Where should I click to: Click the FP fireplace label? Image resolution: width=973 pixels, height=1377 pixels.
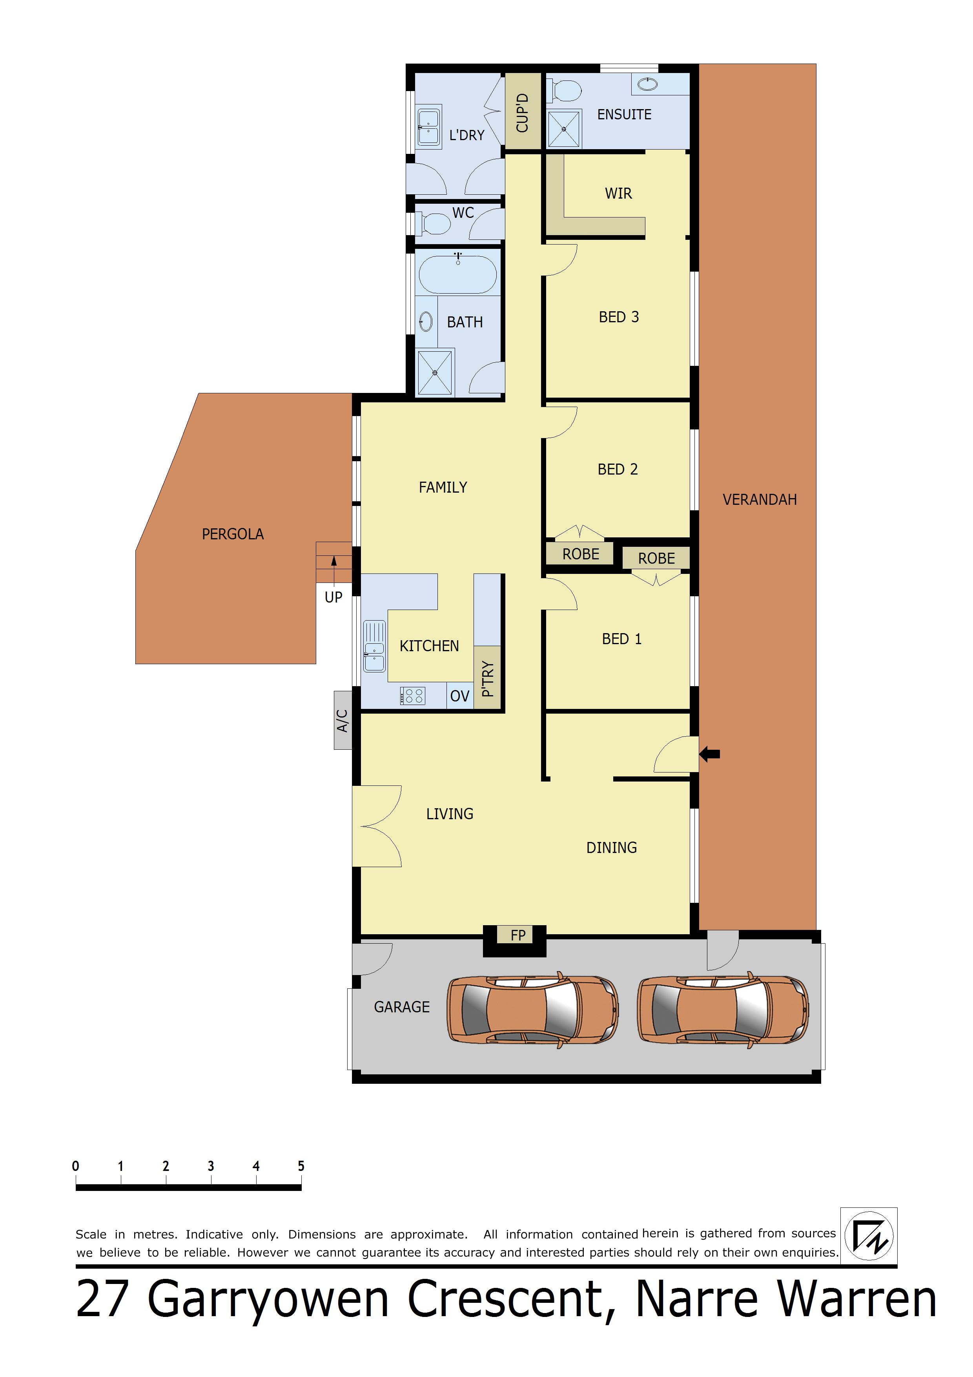518,935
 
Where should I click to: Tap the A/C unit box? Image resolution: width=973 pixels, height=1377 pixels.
343,720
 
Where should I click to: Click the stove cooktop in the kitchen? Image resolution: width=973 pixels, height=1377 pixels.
413,696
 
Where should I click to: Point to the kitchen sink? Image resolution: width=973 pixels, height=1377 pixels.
374,646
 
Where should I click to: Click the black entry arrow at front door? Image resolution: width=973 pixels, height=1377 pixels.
710,754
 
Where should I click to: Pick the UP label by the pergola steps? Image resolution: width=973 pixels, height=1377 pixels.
333,597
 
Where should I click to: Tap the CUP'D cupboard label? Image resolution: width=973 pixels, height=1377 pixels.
523,113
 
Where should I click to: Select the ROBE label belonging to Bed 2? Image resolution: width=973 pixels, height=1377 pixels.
580,554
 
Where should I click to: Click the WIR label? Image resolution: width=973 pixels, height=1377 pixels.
618,193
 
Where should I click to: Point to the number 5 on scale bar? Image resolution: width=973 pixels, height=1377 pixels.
301,1167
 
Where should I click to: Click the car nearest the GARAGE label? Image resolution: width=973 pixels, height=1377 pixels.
533,1010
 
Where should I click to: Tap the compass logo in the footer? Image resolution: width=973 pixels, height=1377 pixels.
869,1236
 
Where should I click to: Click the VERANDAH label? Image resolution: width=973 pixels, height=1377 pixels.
760,500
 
